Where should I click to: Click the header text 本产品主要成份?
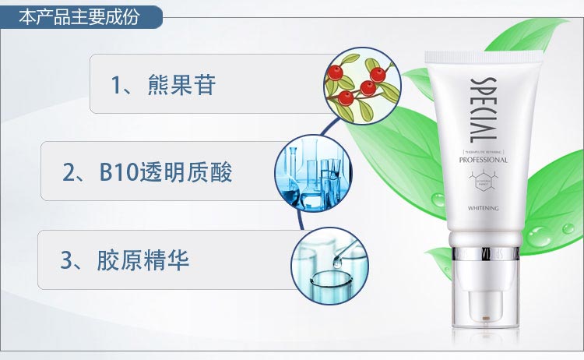tap(79, 16)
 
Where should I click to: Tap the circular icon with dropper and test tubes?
tap(329, 263)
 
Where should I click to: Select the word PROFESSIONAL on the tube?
tap(484, 160)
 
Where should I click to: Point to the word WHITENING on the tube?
tap(484, 209)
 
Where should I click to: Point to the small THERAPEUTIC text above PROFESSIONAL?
tap(484, 150)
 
